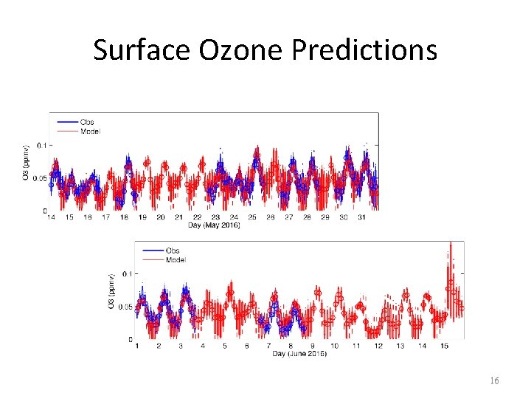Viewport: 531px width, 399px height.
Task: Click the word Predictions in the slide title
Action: pyautogui.click(x=364, y=50)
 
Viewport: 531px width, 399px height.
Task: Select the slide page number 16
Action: pyautogui.click(x=494, y=381)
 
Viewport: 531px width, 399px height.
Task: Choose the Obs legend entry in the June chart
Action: pyautogui.click(x=173, y=250)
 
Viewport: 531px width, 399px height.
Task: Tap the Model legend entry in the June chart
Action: pyautogui.click(x=176, y=259)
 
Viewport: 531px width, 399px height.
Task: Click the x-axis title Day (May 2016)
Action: pyautogui.click(x=215, y=225)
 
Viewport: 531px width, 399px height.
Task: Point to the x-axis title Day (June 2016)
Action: pyautogui.click(x=299, y=353)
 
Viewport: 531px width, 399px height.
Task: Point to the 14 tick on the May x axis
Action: pyautogui.click(x=51, y=217)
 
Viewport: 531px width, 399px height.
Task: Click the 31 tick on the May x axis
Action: pyautogui.click(x=362, y=217)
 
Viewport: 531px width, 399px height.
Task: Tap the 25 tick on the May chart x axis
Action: pyautogui.click(x=252, y=217)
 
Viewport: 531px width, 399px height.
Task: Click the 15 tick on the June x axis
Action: pyautogui.click(x=445, y=346)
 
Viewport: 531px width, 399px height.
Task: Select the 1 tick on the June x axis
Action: pyautogui.click(x=137, y=346)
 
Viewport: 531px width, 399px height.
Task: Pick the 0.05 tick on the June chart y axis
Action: pyautogui.click(x=124, y=307)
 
